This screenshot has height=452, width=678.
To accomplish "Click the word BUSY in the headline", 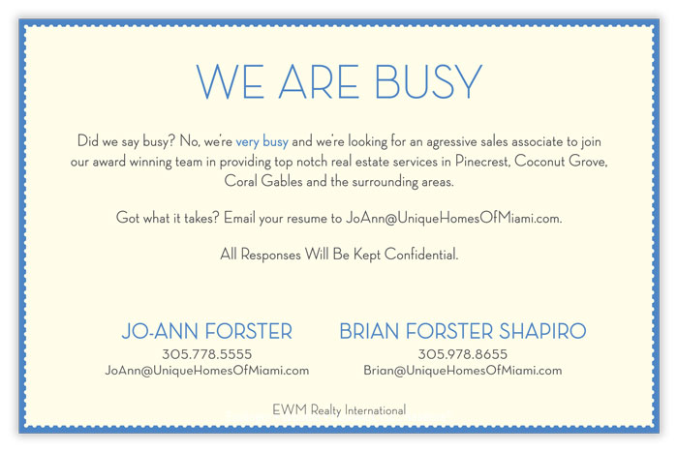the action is (428, 81).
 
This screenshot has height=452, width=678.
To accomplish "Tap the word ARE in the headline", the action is (319, 81).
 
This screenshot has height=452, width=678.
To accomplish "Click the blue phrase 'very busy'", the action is (262, 141).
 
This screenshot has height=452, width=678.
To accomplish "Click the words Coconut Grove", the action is (561, 162).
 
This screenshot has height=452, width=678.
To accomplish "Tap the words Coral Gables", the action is (262, 181).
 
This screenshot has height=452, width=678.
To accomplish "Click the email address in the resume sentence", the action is (453, 218).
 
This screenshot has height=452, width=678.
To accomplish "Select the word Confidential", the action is (420, 255).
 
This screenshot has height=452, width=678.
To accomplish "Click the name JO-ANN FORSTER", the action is (206, 331).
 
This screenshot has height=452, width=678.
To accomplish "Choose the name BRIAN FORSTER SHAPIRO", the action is (463, 331).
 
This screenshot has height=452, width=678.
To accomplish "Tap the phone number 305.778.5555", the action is (206, 354).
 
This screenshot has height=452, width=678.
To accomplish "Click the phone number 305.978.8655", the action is (462, 354).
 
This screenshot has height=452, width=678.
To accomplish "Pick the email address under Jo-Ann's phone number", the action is (206, 371).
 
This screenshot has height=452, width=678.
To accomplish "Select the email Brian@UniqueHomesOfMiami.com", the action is (462, 371).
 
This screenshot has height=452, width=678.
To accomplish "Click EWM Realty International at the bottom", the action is (339, 409).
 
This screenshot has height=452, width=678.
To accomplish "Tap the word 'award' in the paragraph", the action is (108, 162).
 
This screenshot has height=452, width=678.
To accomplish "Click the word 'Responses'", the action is (270, 255).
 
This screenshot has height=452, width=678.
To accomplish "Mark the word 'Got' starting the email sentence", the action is (128, 218).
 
